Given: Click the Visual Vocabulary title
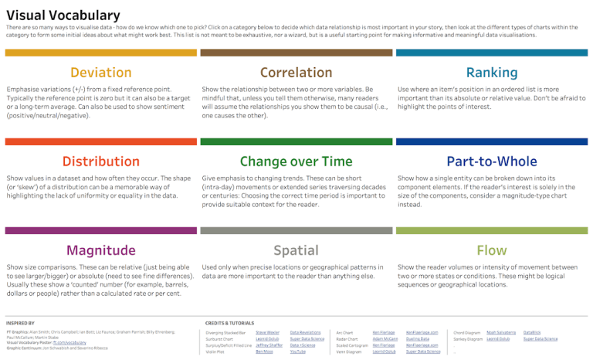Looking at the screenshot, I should pyautogui.click(x=63, y=15).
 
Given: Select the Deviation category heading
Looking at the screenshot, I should pyautogui.click(x=100, y=73).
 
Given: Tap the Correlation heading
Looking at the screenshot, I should pyautogui.click(x=296, y=73).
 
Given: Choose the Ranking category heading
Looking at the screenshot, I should pyautogui.click(x=491, y=73).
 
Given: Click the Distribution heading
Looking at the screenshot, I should pyautogui.click(x=100, y=161).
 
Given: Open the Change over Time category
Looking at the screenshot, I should pyautogui.click(x=296, y=161).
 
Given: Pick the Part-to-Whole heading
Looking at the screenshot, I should pyautogui.click(x=491, y=161).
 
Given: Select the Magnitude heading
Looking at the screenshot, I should pyautogui.click(x=100, y=250).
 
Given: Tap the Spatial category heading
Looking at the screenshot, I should pyautogui.click(x=296, y=250).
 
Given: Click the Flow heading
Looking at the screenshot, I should pyautogui.click(x=491, y=250).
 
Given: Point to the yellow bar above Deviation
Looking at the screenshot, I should pyautogui.click(x=100, y=53).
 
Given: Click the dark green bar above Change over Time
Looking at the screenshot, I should pyautogui.click(x=296, y=141).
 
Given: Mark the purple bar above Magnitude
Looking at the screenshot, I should pyautogui.click(x=100, y=230).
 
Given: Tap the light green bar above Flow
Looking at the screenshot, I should pyautogui.click(x=491, y=230).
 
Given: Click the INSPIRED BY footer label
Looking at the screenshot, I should pyautogui.click(x=20, y=323).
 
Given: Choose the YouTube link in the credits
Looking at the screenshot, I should pyautogui.click(x=298, y=352).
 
